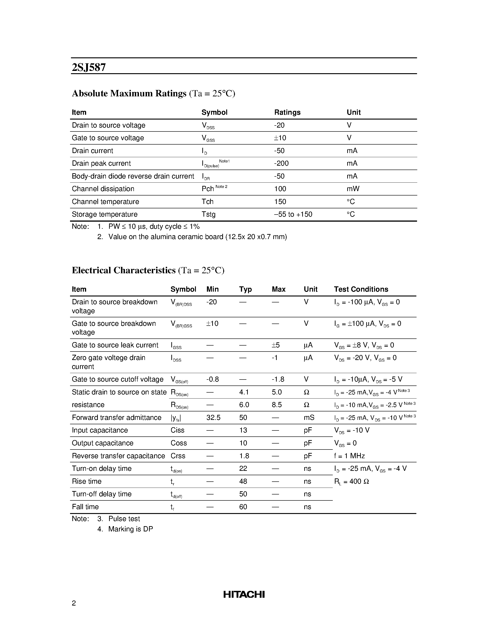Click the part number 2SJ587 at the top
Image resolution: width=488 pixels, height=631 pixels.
[89, 67]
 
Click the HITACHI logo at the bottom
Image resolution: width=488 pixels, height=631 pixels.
[244, 594]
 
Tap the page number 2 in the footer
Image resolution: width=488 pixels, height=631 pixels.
[74, 603]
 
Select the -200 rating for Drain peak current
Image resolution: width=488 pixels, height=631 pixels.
[281, 164]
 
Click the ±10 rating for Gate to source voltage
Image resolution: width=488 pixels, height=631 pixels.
[280, 138]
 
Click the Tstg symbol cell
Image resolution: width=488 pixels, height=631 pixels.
[209, 214]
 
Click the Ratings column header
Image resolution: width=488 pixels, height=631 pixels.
[287, 112]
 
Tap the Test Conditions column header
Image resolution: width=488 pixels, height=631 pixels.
[361, 289]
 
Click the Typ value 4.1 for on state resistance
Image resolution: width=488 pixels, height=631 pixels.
[244, 392]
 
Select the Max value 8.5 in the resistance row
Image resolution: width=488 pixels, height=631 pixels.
[277, 405]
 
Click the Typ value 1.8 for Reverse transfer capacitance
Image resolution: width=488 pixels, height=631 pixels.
[244, 456]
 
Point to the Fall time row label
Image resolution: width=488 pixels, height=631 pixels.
[85, 507]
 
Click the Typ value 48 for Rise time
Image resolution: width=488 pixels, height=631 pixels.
[243, 481]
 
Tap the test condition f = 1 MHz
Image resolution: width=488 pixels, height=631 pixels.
[349, 456]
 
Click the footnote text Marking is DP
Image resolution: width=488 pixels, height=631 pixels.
[130, 529]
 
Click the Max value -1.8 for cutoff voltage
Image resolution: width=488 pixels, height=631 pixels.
[278, 379]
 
